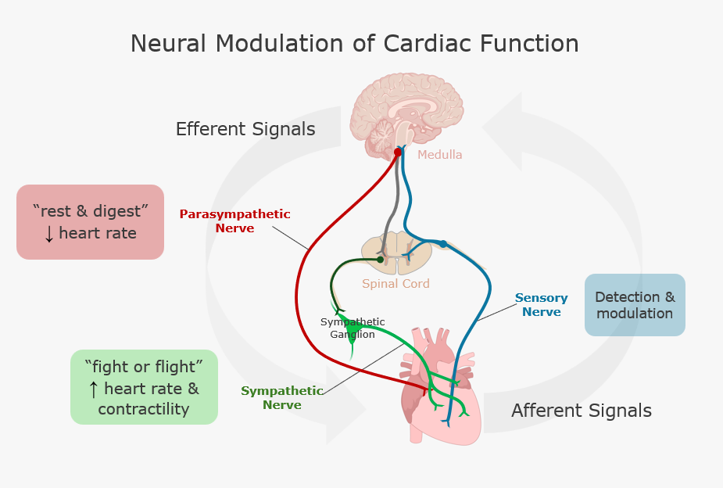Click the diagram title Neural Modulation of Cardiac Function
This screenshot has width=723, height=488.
tap(354, 44)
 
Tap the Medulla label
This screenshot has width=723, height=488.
tap(439, 155)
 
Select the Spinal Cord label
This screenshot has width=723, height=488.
tap(396, 284)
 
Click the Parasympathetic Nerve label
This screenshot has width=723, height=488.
tap(234, 221)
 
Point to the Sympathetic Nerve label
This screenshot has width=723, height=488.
tap(281, 397)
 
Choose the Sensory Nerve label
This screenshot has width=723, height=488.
tap(541, 305)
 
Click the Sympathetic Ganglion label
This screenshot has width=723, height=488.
tap(353, 328)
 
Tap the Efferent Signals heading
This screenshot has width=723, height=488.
tap(245, 129)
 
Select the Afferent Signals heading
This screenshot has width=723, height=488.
tap(581, 411)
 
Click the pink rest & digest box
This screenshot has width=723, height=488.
tap(90, 222)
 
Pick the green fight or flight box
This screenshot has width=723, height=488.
tap(144, 387)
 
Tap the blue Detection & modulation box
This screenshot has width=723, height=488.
tap(634, 305)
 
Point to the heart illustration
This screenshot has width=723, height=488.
tap(438, 391)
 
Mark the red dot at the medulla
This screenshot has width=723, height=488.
tap(397, 152)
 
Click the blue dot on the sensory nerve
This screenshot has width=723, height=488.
tap(442, 244)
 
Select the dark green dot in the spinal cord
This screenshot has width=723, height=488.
tap(380, 259)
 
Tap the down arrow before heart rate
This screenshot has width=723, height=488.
tap(49, 233)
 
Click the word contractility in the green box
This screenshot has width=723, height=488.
tap(144, 409)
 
